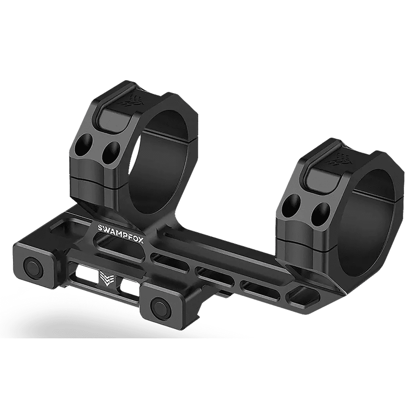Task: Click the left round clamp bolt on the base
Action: (33, 265)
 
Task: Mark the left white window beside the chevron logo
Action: (87, 274)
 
